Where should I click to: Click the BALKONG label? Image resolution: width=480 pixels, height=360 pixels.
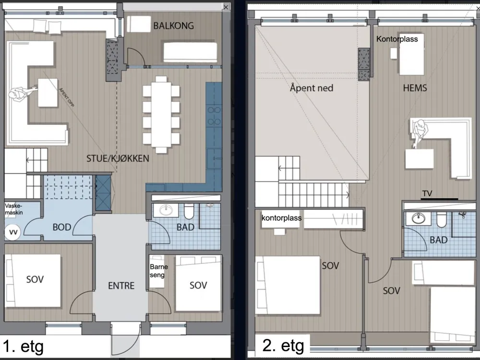coord(174,26)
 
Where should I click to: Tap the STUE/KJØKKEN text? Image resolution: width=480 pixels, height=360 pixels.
coord(118,158)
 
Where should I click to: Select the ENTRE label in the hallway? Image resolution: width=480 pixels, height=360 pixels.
coord(121,286)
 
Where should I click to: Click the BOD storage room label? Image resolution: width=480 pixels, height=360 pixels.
coord(62,227)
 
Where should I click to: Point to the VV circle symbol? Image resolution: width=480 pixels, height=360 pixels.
coord(13,232)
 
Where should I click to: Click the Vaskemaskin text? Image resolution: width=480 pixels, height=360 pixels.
coord(14,209)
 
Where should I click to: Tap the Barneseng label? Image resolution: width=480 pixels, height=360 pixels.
coord(158,271)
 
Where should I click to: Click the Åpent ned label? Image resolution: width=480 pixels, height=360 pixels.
coord(312,88)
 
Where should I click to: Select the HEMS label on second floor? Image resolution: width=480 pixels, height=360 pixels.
coord(415,88)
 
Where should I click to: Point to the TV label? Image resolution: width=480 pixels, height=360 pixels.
coord(427,193)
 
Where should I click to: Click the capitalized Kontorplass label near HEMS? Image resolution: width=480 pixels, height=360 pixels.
coord(397,39)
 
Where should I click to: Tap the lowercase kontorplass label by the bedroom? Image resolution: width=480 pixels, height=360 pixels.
coord(282,218)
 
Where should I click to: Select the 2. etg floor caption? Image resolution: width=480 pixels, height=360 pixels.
coord(283,346)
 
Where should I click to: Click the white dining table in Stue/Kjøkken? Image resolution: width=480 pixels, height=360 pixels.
coord(161,115)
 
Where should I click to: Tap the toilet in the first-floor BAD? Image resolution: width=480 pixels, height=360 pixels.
coord(189,211)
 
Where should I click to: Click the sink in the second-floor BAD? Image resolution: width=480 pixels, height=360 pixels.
coord(419,218)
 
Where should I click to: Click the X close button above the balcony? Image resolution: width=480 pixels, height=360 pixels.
coord(226,7)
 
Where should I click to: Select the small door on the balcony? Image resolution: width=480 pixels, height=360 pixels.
coord(136,57)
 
